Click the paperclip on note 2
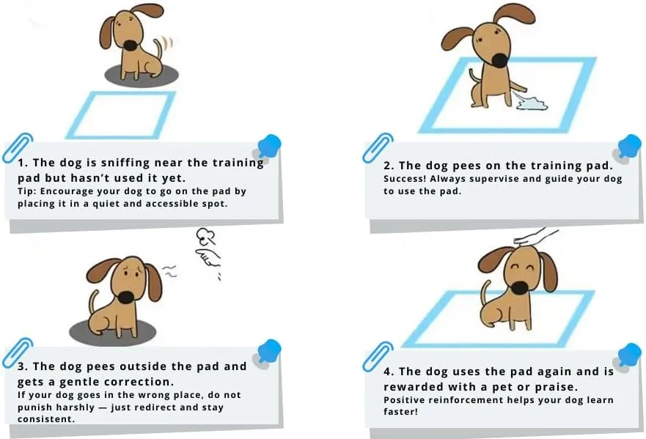click(378, 147)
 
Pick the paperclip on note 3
click(18, 353)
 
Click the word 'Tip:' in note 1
click(27, 191)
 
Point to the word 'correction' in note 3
click(140, 381)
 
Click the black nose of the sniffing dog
click(130, 45)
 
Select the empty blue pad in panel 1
click(122, 115)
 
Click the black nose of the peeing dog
click(499, 60)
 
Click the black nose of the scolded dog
click(126, 297)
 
